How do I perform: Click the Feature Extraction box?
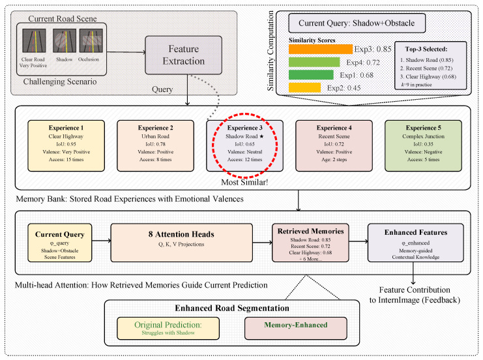click(184, 55)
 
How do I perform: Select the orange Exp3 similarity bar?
click(320, 50)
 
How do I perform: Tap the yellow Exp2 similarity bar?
click(304, 88)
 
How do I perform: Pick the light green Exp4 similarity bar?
click(314, 62)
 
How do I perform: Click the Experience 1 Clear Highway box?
click(66, 146)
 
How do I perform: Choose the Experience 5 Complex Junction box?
click(423, 146)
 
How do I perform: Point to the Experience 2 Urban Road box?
click(156, 146)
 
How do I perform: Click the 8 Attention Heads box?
click(181, 243)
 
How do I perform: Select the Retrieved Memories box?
click(310, 243)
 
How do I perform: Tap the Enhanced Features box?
click(416, 243)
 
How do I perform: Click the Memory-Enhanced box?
click(296, 328)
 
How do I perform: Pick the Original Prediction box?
click(168, 328)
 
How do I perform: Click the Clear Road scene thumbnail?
click(34, 40)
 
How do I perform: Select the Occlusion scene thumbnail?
click(91, 40)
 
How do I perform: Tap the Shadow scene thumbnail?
click(65, 40)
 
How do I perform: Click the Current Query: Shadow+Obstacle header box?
click(357, 23)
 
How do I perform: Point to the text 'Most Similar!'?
click(244, 183)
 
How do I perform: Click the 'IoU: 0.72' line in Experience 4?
click(334, 144)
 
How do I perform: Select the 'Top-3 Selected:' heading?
click(426, 49)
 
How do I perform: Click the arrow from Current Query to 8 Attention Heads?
click(101, 241)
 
